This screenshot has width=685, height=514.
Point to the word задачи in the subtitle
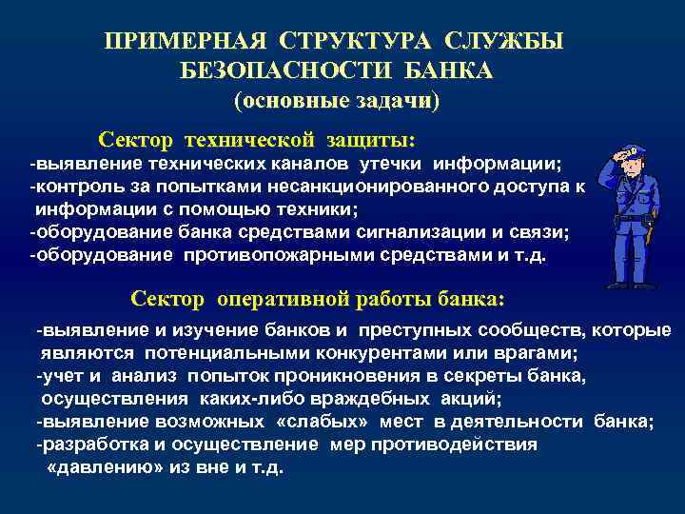tap(397, 98)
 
